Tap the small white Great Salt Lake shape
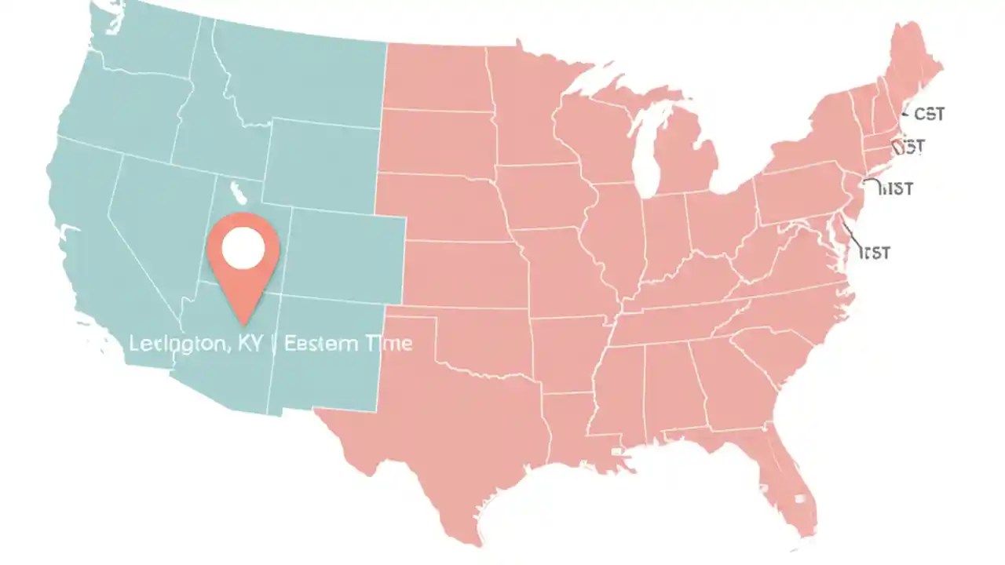[x=234, y=191]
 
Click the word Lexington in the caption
[x=177, y=343]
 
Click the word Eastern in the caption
[x=317, y=343]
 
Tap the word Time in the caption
[x=385, y=343]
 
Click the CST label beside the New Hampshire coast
[x=929, y=115]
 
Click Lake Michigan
[x=645, y=149]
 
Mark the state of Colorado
[x=345, y=251]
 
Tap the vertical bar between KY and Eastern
[x=272, y=343]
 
